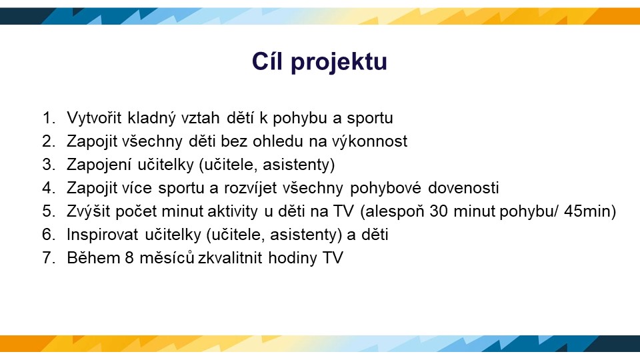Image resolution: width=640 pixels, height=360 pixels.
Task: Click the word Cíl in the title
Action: coord(267,61)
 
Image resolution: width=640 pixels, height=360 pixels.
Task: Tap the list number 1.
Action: coord(49,118)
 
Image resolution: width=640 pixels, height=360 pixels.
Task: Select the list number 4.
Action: coord(49,188)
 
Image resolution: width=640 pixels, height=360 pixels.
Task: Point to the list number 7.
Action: coord(49,258)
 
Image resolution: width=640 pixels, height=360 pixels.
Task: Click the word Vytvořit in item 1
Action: coord(94,117)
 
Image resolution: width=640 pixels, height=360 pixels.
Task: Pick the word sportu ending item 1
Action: coord(370,119)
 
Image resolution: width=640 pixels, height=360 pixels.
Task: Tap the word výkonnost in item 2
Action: coord(369,141)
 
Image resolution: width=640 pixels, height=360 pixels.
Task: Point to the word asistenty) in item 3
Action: coord(299,165)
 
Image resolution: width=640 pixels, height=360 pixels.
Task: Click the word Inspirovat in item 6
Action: coord(102,235)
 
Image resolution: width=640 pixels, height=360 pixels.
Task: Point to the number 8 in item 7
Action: coord(129,258)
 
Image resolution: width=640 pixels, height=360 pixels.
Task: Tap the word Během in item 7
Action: coord(93,258)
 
